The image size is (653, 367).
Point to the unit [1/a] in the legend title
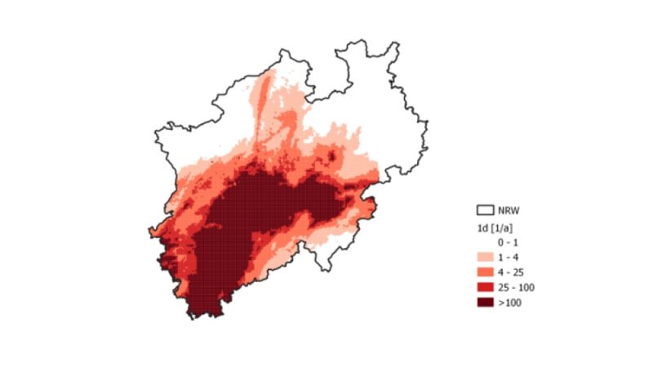[503, 228]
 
